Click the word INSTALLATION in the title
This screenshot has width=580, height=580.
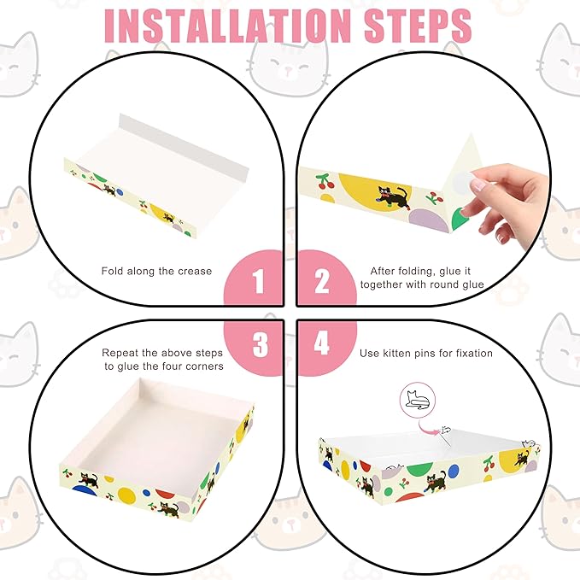[x=227, y=26]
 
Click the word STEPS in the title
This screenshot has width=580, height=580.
[x=418, y=26]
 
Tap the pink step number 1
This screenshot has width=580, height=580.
[x=259, y=282]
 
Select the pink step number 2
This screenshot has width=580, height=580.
[x=321, y=282]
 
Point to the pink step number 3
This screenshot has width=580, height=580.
[x=261, y=344]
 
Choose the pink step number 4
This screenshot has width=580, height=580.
[x=321, y=343]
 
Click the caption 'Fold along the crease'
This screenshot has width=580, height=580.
[x=156, y=271]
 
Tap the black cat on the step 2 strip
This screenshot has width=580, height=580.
[x=393, y=197]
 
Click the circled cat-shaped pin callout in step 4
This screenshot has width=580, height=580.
[x=418, y=401]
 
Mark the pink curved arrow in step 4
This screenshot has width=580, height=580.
[x=427, y=428]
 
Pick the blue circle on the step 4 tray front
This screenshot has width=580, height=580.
[x=454, y=472]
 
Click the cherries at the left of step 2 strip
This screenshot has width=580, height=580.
[x=325, y=181]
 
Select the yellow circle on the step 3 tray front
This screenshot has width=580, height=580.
[x=126, y=495]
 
